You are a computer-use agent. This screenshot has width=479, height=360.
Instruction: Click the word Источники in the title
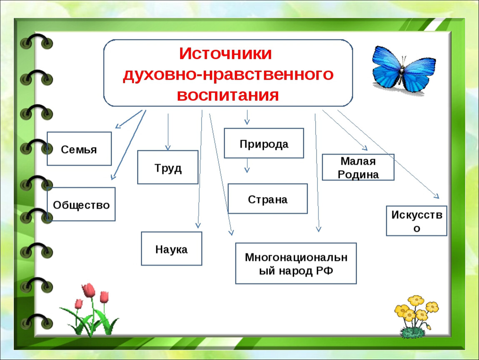click(x=225, y=54)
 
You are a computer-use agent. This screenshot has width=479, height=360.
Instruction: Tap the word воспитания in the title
click(x=228, y=95)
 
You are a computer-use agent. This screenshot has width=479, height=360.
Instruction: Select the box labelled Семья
click(x=79, y=149)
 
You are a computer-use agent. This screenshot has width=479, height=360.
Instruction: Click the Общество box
click(x=81, y=204)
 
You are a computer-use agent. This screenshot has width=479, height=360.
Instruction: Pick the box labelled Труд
click(x=168, y=167)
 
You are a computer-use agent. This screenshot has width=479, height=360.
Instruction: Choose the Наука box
click(x=171, y=248)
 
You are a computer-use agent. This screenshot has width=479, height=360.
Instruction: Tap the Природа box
click(x=264, y=143)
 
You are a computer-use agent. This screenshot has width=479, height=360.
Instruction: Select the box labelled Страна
click(x=267, y=199)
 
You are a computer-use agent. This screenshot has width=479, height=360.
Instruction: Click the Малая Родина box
click(x=358, y=167)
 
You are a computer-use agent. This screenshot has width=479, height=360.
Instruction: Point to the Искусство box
click(x=417, y=221)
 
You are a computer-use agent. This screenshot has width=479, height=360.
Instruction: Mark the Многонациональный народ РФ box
click(x=296, y=263)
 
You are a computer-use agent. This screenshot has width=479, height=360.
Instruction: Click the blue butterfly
click(x=403, y=70)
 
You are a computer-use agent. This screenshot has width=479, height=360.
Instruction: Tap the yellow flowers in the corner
click(x=416, y=316)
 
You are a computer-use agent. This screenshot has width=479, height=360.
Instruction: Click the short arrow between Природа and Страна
click(x=247, y=166)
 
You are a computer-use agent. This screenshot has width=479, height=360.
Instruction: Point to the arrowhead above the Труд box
click(x=168, y=147)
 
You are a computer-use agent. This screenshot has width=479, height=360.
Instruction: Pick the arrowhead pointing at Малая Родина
click(x=365, y=148)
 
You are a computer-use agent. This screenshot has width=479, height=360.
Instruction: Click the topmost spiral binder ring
click(x=36, y=42)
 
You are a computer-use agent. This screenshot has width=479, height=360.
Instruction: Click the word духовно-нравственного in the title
click(x=228, y=75)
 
